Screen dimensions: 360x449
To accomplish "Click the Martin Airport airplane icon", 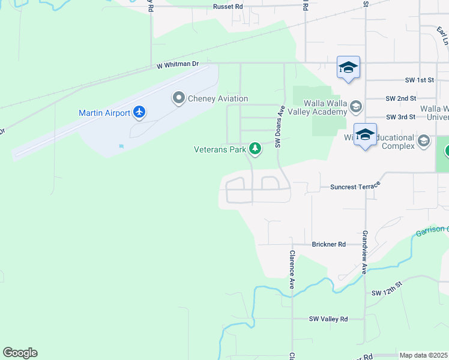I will (139, 112).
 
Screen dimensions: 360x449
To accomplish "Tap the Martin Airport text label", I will (106, 113).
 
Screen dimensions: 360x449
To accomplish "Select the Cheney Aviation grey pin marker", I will (178, 98).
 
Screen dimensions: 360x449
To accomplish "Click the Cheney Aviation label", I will (218, 99).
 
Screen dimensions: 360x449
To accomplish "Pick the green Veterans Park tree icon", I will (255, 149).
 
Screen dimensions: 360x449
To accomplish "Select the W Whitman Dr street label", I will (178, 64).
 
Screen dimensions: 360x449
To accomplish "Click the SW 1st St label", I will (402, 80).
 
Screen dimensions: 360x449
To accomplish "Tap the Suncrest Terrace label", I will (355, 187).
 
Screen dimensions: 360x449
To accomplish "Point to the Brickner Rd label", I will (329, 244).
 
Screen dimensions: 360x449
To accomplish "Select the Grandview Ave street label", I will (364, 252).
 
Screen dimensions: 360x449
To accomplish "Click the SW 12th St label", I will (386, 292).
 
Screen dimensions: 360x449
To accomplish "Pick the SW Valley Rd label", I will (328, 319).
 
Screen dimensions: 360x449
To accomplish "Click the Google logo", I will (20, 353).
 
